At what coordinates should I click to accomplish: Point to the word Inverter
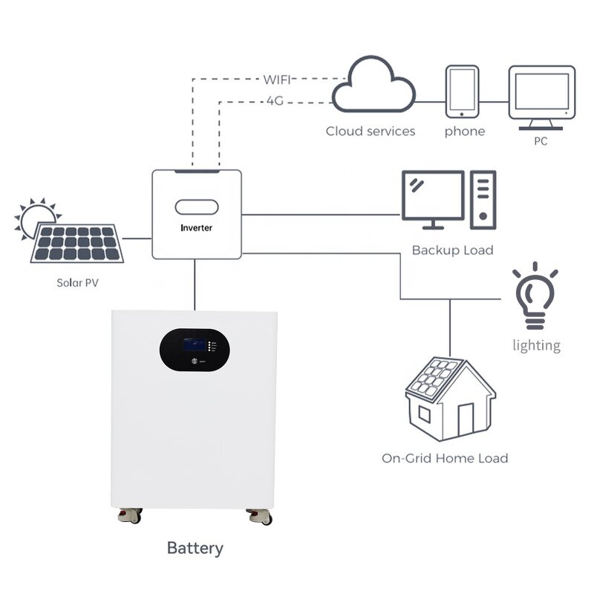[196, 227]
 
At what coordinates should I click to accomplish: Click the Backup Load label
[452, 250]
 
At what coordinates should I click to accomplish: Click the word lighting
[536, 345]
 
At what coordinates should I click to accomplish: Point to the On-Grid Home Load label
[445, 458]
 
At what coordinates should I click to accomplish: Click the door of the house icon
[466, 419]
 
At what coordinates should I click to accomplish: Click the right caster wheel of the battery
[261, 516]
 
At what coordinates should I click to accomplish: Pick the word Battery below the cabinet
[195, 549]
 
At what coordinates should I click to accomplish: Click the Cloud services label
[371, 131]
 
